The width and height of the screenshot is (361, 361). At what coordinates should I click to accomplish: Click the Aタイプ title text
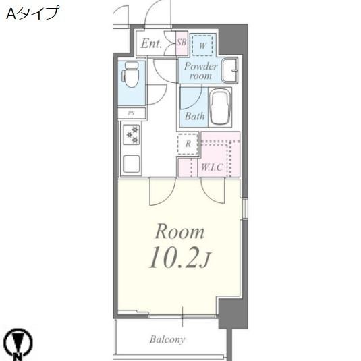pos(32,13)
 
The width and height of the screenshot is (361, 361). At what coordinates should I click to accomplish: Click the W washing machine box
pos(202,45)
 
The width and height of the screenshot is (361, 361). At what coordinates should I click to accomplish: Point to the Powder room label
pos(200,71)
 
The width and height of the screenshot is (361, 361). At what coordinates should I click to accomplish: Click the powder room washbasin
pos(230,69)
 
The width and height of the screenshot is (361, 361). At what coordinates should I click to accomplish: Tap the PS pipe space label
pos(130,113)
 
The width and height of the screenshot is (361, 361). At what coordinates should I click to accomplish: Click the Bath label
pos(195,116)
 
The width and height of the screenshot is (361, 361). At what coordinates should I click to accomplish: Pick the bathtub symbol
pos(221,107)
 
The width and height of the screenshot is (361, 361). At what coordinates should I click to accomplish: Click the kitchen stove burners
pos(132,135)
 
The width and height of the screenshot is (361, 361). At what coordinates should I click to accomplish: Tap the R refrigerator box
pos(188,144)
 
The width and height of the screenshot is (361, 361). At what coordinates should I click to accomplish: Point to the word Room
pos(179,233)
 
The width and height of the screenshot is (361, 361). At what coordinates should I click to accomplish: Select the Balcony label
pos(167,339)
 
